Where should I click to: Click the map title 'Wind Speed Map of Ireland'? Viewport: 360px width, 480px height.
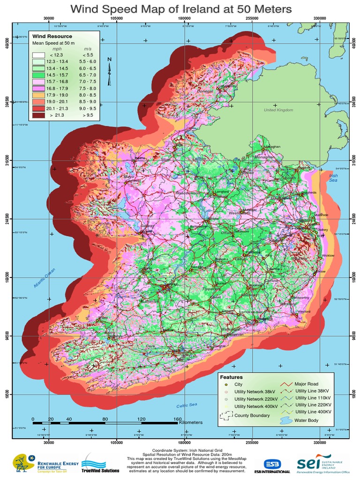click(180, 9)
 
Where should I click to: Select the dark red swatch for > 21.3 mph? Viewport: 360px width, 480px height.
click(38, 114)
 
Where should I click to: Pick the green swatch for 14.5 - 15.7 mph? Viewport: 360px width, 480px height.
click(38, 75)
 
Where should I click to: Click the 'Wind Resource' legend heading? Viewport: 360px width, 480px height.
click(52, 36)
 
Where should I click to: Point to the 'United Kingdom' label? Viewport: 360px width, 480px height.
click(278, 110)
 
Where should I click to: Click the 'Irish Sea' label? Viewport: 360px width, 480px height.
click(333, 178)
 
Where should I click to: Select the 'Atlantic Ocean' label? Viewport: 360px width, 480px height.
click(45, 278)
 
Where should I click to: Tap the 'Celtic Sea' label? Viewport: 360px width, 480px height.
click(187, 405)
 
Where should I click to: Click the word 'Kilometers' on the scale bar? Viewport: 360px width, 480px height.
click(191, 422)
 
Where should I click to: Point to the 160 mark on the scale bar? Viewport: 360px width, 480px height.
click(177, 419)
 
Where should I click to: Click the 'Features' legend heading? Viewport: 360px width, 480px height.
click(231, 376)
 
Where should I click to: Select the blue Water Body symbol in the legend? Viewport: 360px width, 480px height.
click(286, 420)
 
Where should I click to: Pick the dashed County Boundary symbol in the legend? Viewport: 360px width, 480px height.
click(227, 416)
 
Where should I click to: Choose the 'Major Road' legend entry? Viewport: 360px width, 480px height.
click(307, 384)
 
